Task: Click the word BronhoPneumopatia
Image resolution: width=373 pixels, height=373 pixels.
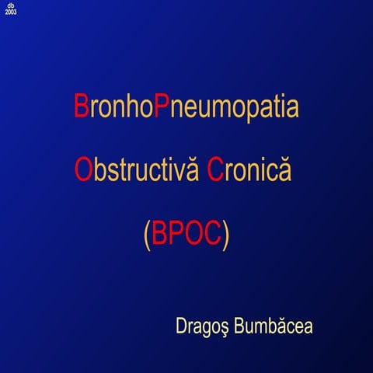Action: click(x=186, y=106)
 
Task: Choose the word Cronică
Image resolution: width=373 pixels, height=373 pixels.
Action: click(x=249, y=169)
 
